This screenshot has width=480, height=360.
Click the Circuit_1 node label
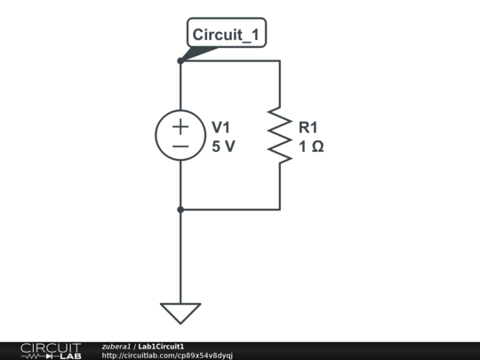coord(227,34)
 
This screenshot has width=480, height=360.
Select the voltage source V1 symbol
coord(180,136)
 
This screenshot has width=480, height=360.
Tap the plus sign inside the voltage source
coord(180,127)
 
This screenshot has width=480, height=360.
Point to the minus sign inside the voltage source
coord(180,146)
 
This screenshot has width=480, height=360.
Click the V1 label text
coord(221,127)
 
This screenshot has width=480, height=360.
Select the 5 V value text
coord(223,147)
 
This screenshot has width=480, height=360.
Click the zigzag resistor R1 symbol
coord(280,136)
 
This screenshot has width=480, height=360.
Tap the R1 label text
coord(308,127)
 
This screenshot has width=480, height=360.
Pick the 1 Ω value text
coord(311,147)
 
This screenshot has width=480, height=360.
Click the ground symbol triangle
coord(180,313)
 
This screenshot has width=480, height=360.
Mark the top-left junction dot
coord(180,60)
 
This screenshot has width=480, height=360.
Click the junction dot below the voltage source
coord(180,210)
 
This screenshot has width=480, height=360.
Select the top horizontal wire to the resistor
coord(231,60)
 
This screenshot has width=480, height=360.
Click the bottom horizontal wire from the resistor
coord(231,210)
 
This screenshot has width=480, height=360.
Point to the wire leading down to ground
coord(180,258)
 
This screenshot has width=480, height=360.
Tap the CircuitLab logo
coord(50,350)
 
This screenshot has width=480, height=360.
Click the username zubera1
coord(116,346)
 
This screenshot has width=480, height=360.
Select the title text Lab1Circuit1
coord(161,346)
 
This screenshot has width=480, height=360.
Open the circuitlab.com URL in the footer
coord(167,356)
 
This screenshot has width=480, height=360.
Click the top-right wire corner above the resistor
coord(280,60)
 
